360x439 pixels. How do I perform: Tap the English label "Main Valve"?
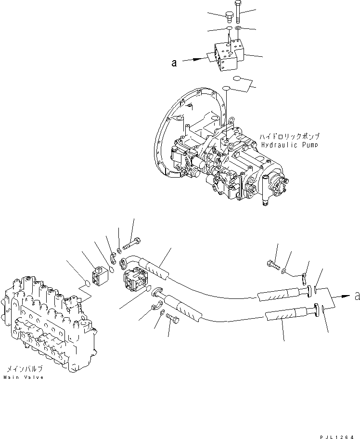tap(24, 377)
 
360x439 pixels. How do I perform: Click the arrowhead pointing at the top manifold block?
tap(197, 59)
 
